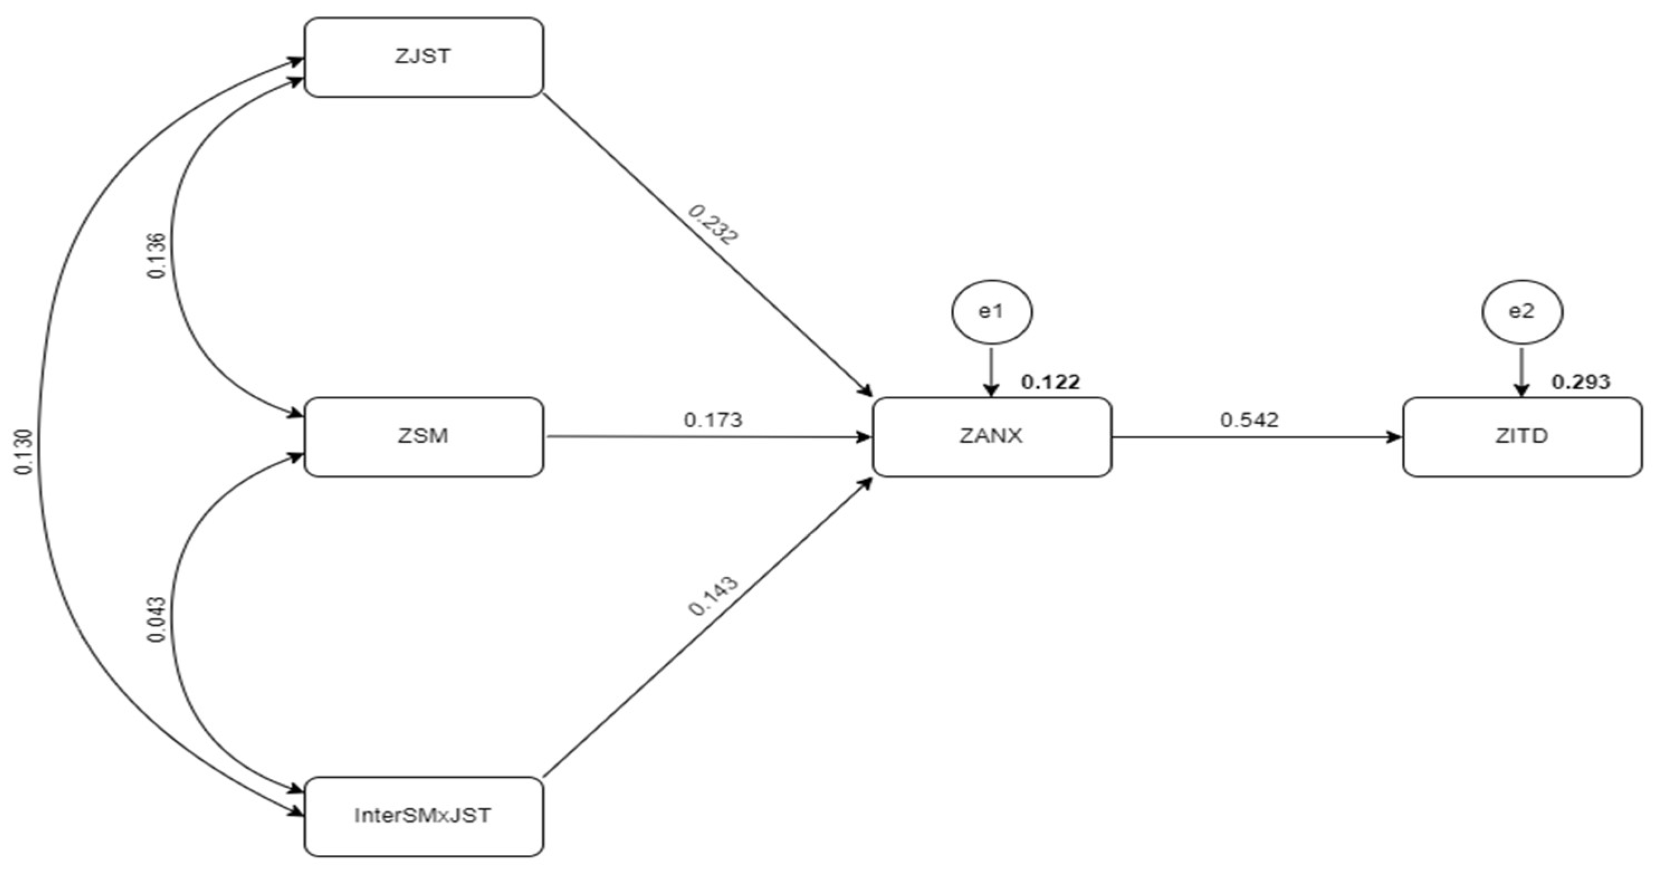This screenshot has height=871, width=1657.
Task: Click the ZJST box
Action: (423, 58)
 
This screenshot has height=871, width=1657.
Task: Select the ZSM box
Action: (423, 437)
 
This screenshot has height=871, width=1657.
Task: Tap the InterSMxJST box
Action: (423, 816)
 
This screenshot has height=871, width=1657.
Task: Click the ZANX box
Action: (992, 437)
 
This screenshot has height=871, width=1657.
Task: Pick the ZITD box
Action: (1522, 437)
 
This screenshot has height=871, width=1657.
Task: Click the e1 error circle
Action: (992, 312)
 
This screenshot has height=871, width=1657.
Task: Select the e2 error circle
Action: (1522, 312)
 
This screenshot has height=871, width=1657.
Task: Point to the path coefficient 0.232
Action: (713, 224)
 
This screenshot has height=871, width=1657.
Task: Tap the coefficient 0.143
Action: (713, 596)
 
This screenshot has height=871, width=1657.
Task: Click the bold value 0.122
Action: (1051, 382)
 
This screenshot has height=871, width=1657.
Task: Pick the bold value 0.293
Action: (1581, 382)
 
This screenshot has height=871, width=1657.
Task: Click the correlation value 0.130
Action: (24, 452)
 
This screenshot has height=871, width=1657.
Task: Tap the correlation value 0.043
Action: (157, 620)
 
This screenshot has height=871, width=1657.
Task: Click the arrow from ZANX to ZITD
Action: (1254, 437)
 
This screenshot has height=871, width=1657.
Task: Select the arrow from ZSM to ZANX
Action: (707, 437)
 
